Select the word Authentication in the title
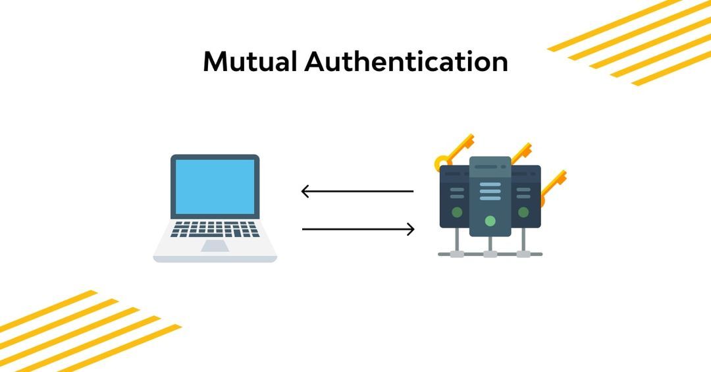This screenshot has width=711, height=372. (x=406, y=62)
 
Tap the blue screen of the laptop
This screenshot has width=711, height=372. (x=215, y=186)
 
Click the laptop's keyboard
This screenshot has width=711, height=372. (x=215, y=229)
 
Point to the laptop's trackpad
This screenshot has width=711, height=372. (x=215, y=246)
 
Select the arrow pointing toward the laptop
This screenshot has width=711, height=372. (x=357, y=192)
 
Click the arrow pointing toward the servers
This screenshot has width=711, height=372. (x=357, y=229)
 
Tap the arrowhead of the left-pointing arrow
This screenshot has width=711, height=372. (x=305, y=192)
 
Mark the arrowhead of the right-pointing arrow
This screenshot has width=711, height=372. (x=410, y=229)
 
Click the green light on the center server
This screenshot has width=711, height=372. (x=490, y=221)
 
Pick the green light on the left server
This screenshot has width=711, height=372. (x=457, y=212)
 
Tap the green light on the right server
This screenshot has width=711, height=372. (x=523, y=212)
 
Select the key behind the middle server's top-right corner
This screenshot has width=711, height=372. (x=521, y=152)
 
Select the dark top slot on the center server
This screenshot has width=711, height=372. (x=487, y=167)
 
